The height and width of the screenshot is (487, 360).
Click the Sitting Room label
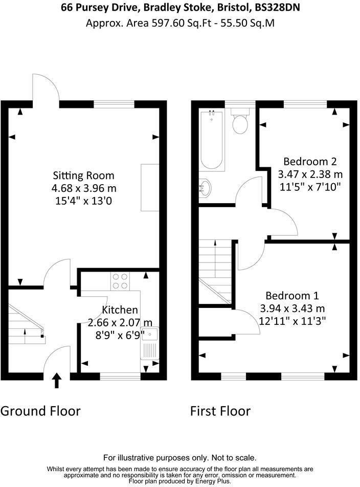click(84, 176)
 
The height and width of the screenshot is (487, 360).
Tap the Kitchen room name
click(120, 310)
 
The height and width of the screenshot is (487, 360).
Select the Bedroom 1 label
click(292, 296)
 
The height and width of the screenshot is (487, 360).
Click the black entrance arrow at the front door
click(57, 381)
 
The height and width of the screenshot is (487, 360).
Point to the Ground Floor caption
click(41, 411)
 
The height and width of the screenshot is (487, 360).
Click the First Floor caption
click(220, 411)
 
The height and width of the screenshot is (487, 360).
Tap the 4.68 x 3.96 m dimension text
click(84, 189)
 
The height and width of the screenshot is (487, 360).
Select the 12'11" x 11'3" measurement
click(292, 321)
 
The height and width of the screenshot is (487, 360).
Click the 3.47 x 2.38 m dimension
click(307, 174)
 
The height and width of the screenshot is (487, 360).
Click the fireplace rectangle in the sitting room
click(150, 187)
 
